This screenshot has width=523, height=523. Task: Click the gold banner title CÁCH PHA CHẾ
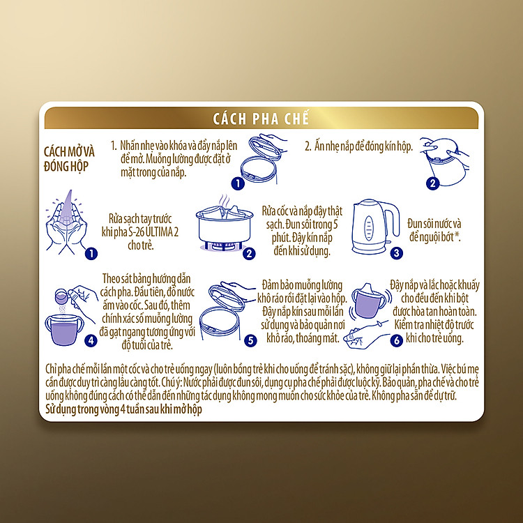(261, 119)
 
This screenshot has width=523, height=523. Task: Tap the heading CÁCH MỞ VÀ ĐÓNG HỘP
(69, 159)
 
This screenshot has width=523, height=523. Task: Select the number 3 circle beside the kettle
(396, 253)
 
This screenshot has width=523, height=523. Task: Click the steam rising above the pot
(224, 200)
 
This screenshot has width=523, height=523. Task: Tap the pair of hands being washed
(67, 223)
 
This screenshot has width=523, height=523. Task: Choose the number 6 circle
(396, 340)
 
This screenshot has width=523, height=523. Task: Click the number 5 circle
(250, 340)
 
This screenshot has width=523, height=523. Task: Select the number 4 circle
(91, 340)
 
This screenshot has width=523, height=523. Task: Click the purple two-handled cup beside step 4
(64, 330)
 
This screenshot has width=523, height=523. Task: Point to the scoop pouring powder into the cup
(61, 296)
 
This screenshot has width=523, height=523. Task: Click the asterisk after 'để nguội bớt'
(457, 235)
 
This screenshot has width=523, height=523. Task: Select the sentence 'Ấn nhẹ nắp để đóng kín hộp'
(363, 146)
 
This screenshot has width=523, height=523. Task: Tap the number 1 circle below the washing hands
(91, 254)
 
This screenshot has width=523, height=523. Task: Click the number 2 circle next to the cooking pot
(249, 254)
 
